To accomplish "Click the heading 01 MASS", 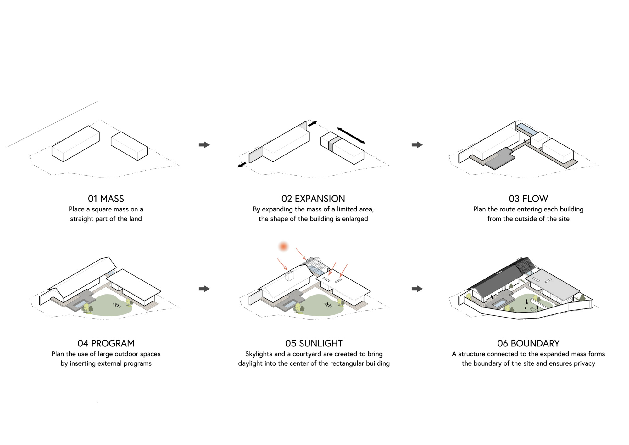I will click(106, 199).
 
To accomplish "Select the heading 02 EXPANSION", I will click(313, 199).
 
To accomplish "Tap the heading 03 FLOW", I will click(528, 199).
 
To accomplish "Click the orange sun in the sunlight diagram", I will click(283, 246).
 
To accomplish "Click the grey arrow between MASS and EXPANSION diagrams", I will click(204, 145).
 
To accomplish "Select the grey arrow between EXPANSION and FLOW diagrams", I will click(417, 145).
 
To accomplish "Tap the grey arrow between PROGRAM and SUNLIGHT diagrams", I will click(204, 289).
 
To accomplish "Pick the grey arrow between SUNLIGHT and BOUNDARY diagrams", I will click(417, 289).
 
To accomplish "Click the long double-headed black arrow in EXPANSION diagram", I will click(351, 136).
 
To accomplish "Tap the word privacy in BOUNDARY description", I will click(584, 363).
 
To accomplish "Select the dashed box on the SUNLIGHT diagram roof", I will click(289, 276).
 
